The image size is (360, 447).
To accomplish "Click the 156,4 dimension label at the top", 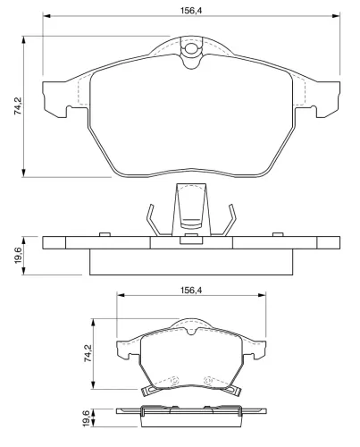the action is (191, 11).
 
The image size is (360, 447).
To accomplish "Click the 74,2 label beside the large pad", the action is (17, 106).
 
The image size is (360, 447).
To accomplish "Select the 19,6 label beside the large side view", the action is (18, 256).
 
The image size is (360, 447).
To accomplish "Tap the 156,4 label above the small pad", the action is (191, 290).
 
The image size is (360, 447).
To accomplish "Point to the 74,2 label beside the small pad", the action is (88, 353).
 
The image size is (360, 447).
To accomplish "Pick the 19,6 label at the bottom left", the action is (86, 418).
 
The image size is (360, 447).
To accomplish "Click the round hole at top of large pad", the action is (190, 48).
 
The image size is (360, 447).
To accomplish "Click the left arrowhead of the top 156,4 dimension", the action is (46, 15).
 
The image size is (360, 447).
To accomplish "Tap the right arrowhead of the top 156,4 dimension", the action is (336, 15).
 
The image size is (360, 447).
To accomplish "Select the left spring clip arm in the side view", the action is (153, 220).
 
